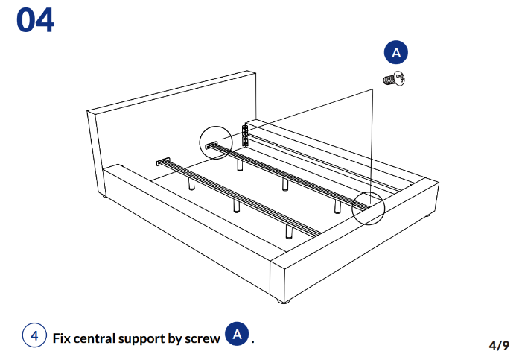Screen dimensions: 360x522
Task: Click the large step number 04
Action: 35,20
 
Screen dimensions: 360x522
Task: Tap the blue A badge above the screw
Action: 396,52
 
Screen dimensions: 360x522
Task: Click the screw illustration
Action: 395,78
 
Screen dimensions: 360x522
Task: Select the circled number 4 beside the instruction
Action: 34,336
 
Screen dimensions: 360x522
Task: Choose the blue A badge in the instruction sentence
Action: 237,335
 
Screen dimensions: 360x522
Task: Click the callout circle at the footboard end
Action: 368,206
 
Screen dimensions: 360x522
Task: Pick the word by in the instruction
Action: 176,338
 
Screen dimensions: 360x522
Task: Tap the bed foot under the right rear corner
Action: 430,216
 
